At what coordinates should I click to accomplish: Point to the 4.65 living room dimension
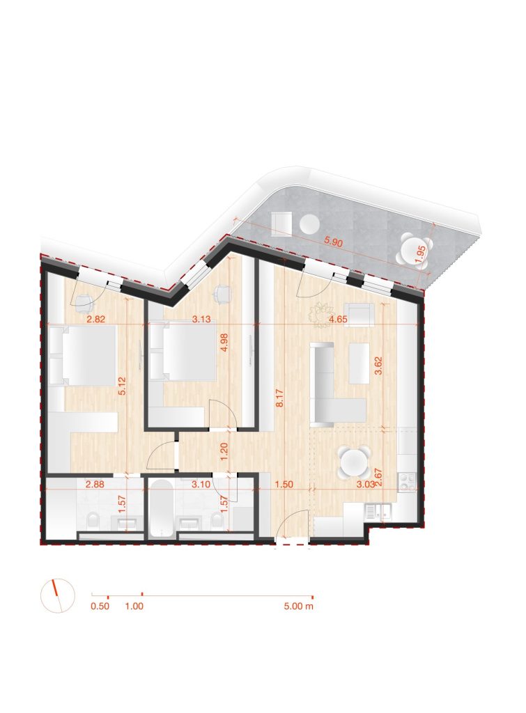tap(339, 319)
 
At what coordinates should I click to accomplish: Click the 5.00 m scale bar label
tap(298, 606)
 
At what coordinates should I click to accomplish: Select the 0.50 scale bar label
tap(100, 606)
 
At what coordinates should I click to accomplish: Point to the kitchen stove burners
tap(408, 482)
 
